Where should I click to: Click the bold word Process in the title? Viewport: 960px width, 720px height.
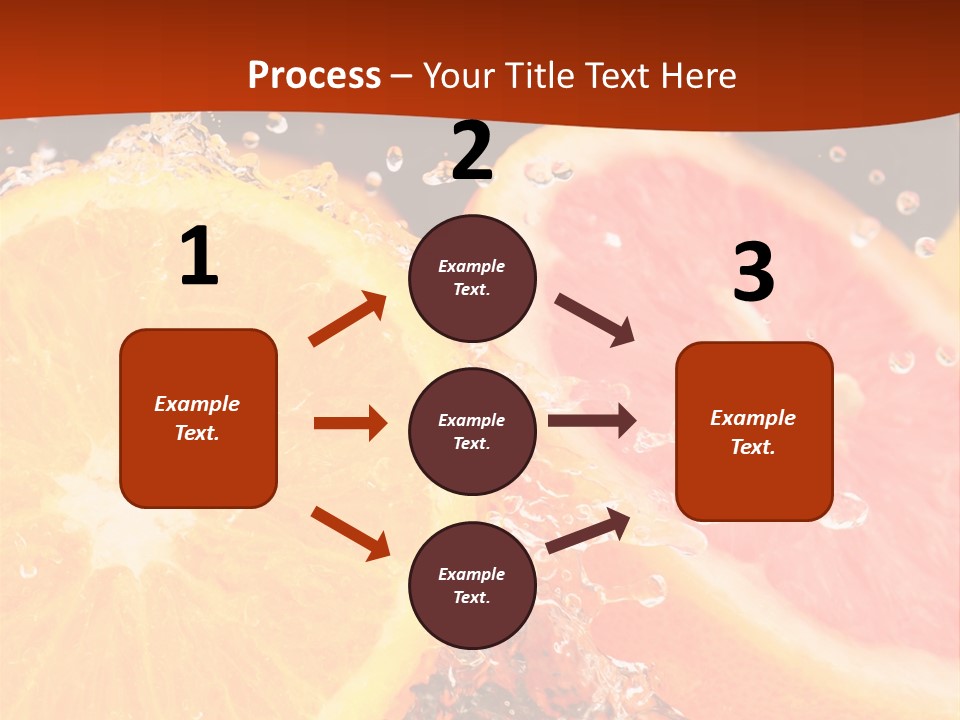coord(314,76)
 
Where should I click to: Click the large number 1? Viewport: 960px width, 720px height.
coord(199,257)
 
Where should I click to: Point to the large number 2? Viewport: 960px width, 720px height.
coord(472,151)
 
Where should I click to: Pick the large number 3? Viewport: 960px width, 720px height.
coord(753,273)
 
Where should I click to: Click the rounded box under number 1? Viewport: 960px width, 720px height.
coord(198,418)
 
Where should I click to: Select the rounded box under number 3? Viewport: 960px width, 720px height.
coord(754,431)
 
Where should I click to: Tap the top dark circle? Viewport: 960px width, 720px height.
coord(472,278)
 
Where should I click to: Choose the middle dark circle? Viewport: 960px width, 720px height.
coord(472,431)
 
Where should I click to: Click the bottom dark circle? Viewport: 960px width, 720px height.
coord(472,585)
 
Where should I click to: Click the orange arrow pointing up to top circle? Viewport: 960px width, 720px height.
coord(348,319)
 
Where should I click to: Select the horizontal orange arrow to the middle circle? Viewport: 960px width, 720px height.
coord(350,423)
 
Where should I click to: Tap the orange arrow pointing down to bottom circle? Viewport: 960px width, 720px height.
coord(350,533)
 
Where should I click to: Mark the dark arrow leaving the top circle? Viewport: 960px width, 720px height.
coord(595,320)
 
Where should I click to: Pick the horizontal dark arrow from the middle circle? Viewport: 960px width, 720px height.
coord(592,421)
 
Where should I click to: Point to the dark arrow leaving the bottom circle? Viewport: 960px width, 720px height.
coord(588,530)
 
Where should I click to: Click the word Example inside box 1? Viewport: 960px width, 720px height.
coord(197,404)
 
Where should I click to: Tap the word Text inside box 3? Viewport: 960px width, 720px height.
coord(752,447)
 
